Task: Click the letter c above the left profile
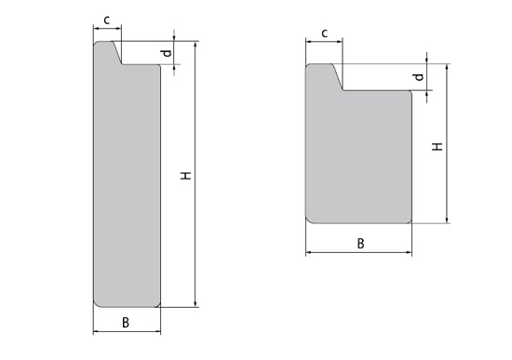tap(107, 20)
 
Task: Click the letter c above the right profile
tap(324, 33)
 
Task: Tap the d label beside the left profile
tap(168, 53)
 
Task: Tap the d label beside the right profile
tap(419, 77)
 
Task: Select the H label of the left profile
tap(186, 175)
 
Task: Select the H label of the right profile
tap(438, 147)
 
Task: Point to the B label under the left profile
tap(126, 323)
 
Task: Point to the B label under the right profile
tap(360, 244)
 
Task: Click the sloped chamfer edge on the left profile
tap(117, 52)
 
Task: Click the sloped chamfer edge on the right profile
tap(338, 77)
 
